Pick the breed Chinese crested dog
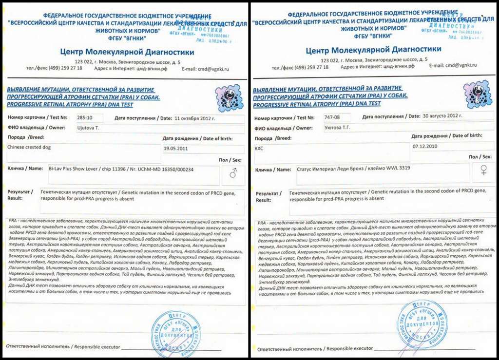(29, 147)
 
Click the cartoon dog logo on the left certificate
(229, 98)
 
